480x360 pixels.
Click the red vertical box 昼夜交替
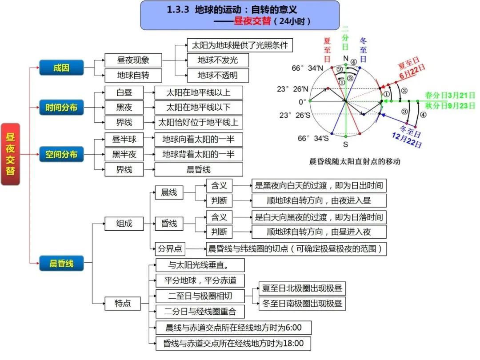pos(10,154)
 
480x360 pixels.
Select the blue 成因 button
pos(61,68)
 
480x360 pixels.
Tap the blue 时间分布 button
pos(61,107)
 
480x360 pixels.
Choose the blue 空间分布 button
pos(61,154)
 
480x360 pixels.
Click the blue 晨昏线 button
pos(61,264)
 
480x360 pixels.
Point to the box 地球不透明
pos(217,75)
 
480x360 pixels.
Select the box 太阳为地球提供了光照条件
pos(240,45)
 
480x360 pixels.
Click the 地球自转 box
pos(133,75)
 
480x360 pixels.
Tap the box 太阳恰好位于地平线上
pos(198,122)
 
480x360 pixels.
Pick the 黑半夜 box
pos(124,154)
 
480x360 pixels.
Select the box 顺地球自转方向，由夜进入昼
pos(319,200)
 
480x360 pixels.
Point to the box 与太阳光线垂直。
pos(200,265)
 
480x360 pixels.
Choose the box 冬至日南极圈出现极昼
pos(302,304)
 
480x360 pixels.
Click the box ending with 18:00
pos(233,343)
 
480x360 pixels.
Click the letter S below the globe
pos(345,144)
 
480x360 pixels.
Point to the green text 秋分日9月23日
pos(450,106)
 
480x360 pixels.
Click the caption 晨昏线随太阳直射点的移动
pos(354,161)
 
